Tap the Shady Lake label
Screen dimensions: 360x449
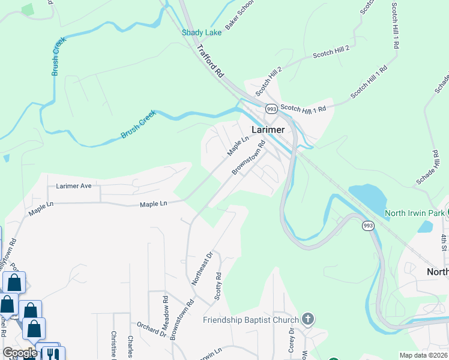click(202, 32)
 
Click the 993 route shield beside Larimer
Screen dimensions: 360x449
click(271, 109)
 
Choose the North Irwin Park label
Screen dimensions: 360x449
click(415, 213)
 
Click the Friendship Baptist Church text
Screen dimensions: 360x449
click(250, 319)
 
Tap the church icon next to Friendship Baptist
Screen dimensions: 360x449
click(307, 319)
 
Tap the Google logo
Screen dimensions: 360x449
click(19, 352)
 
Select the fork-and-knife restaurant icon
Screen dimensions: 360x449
click(53, 354)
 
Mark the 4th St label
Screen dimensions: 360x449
click(444, 242)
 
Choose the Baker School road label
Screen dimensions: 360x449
click(240, 14)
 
